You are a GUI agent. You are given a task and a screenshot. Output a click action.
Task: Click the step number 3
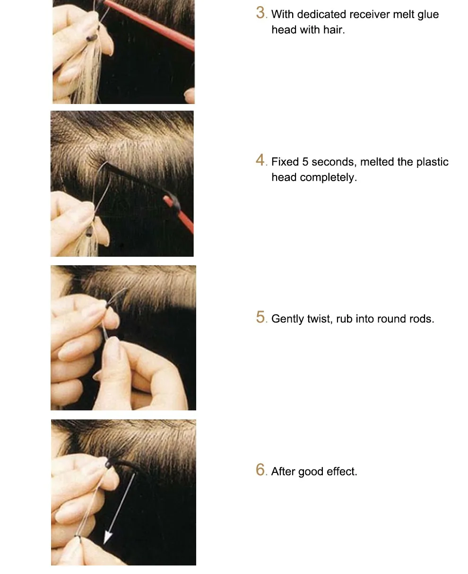pyautogui.click(x=260, y=13)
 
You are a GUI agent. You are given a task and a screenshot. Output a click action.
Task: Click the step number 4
pyautogui.click(x=260, y=160)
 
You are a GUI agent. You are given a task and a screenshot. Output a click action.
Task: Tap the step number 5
pyautogui.click(x=260, y=317)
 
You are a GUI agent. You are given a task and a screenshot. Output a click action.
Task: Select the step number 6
pyautogui.click(x=260, y=470)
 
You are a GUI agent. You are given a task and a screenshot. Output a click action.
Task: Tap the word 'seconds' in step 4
pyautogui.click(x=334, y=162)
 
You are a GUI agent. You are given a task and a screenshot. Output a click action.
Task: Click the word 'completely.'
pyautogui.click(x=328, y=178)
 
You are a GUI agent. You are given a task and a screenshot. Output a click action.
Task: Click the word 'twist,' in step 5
pyautogui.click(x=320, y=319)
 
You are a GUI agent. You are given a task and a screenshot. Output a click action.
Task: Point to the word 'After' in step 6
pyautogui.click(x=283, y=471)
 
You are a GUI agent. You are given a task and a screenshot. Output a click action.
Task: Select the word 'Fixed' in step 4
pyautogui.click(x=285, y=162)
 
